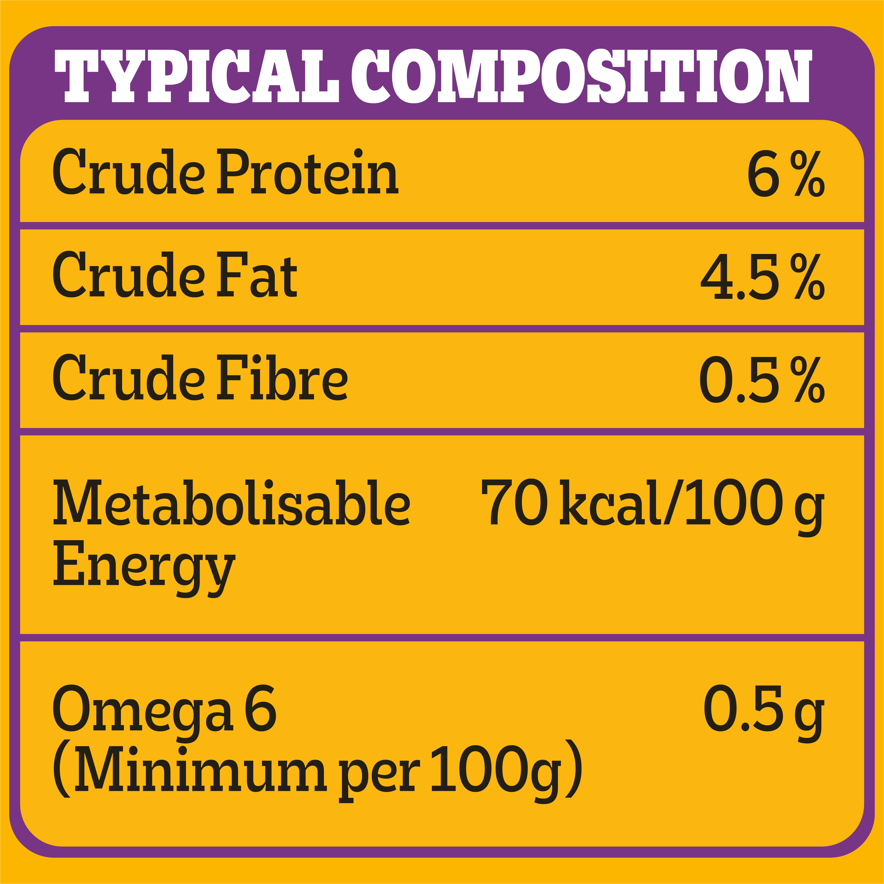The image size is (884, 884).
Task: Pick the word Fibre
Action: (x=282, y=378)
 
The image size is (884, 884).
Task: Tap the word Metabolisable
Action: (x=231, y=502)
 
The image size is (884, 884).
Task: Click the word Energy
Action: (x=144, y=567)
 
